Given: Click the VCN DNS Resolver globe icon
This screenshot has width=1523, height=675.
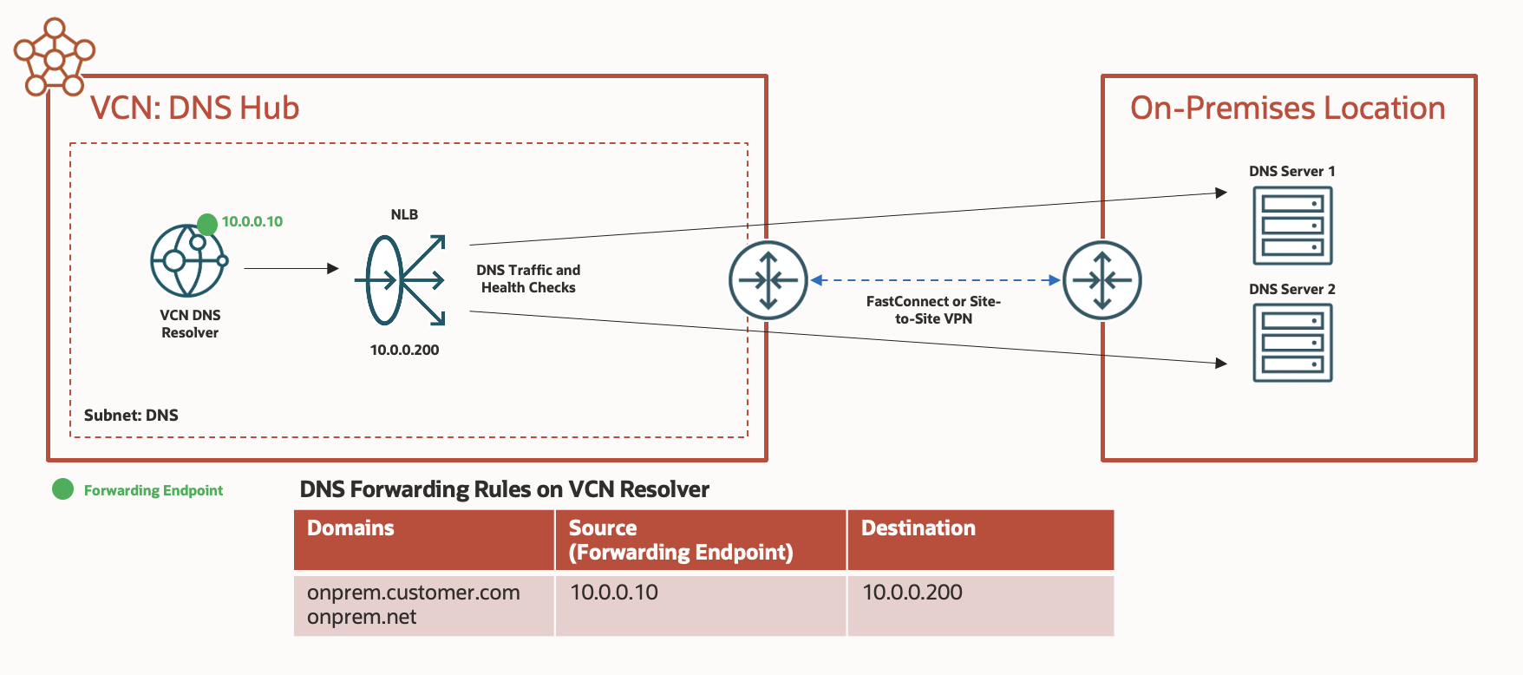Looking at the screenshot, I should pos(188,260).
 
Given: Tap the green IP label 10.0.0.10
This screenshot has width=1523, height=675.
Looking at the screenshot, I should pos(252,221).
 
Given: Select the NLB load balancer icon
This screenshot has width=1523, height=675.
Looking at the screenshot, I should pos(401,279).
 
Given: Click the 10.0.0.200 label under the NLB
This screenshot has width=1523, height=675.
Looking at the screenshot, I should pos(404,350).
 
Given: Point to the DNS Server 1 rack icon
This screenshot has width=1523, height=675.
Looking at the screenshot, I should pos(1292,226).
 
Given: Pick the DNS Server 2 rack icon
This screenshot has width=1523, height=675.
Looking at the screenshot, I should pos(1292,343).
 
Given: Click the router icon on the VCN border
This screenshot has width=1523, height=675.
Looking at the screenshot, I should pos(768,280).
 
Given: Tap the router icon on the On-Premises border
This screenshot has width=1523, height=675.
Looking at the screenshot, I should pos(1101,280).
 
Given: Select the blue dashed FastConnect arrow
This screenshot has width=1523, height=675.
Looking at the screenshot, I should pos(935,280).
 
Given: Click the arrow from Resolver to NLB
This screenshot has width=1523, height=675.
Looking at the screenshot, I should pos(291,268).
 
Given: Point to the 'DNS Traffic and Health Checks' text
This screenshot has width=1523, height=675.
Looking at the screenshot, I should pos(528,279).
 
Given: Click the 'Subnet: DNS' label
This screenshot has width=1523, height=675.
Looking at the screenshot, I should pos(131,415).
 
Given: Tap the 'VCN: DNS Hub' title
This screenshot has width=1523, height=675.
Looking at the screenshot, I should pos(194,108).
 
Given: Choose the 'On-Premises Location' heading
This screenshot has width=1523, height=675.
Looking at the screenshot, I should pos(1287,108).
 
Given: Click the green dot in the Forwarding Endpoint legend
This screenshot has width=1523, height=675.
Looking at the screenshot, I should pos(63,489).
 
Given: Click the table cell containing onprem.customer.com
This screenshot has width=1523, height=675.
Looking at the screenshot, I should pos(423,605).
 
